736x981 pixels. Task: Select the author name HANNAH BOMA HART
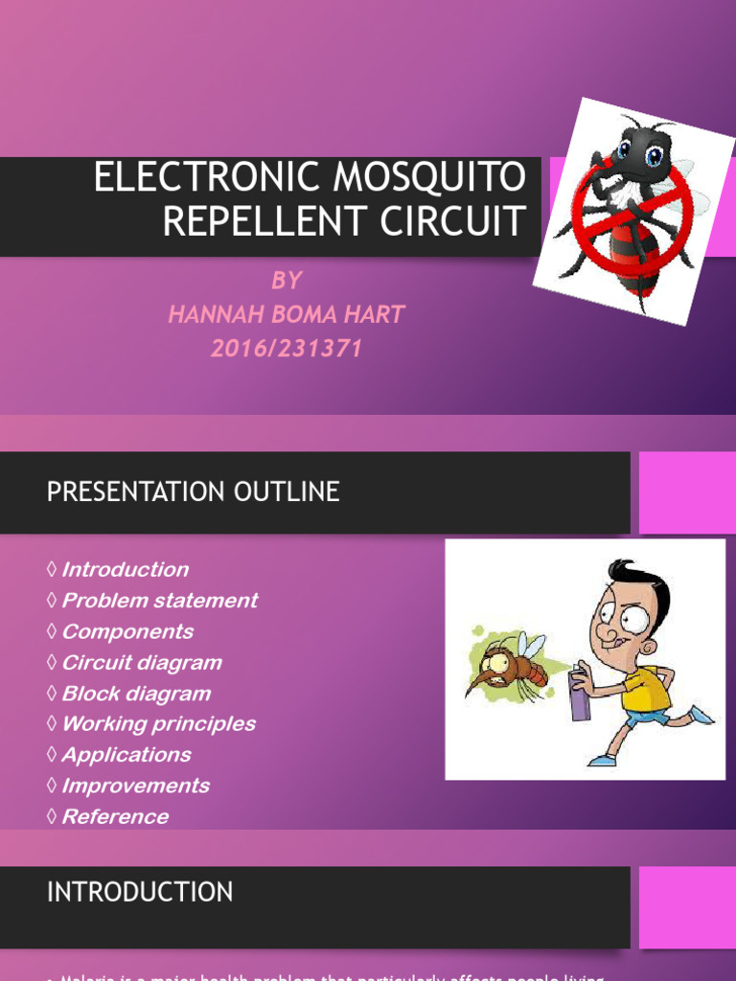click(x=286, y=314)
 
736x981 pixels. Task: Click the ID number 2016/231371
click(x=287, y=349)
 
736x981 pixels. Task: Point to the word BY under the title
click(x=287, y=281)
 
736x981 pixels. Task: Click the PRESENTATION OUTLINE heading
click(x=193, y=492)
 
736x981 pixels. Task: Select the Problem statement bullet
click(x=159, y=601)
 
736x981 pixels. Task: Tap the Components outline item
click(x=126, y=631)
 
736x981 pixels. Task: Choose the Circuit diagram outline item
click(x=141, y=663)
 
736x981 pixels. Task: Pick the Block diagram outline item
click(x=135, y=694)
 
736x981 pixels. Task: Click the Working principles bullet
click(x=158, y=724)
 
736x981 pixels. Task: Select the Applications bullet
click(x=126, y=755)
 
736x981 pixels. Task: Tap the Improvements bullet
click(x=135, y=786)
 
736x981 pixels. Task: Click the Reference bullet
click(x=114, y=817)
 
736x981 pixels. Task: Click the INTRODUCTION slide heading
click(x=140, y=892)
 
